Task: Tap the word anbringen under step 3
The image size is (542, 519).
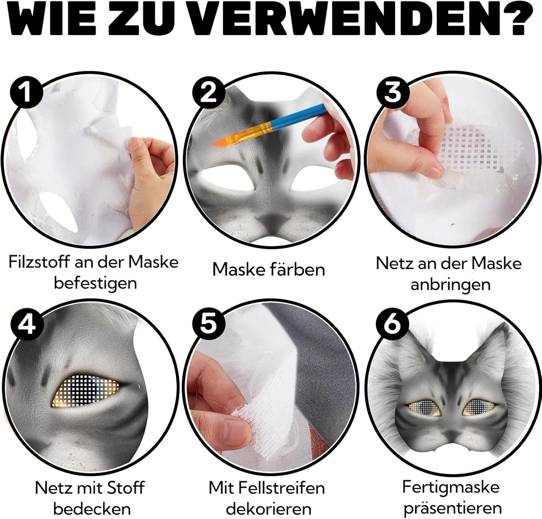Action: tap(451, 285)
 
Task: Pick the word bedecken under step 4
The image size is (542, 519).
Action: tap(92, 509)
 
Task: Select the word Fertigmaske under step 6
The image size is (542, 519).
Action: tap(451, 487)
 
